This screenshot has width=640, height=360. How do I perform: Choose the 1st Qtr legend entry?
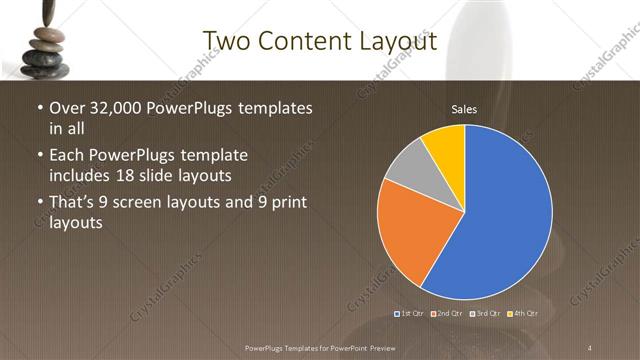click(411, 314)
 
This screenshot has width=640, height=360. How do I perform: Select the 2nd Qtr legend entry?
click(448, 314)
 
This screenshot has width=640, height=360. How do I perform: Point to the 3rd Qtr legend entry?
click(485, 314)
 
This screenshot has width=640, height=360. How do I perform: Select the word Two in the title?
click(227, 41)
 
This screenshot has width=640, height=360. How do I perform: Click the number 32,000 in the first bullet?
click(113, 108)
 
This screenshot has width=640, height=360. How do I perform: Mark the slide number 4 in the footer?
click(591, 347)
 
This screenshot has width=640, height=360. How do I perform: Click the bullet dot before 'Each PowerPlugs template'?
click(39, 156)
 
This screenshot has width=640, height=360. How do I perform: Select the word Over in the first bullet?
click(67, 108)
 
